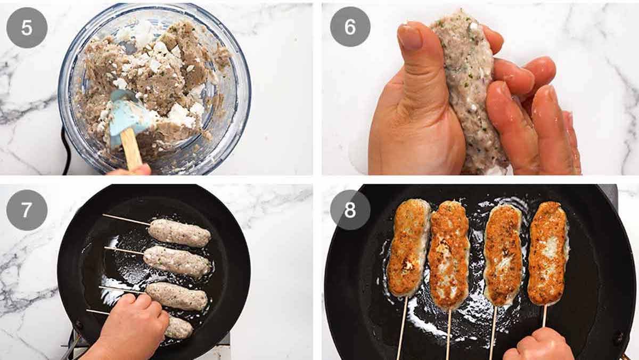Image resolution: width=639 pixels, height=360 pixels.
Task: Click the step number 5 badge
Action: point(27,27)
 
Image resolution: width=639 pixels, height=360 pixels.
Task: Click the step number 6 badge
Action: point(350,27)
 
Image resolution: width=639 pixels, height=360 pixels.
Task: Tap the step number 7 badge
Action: point(27,210)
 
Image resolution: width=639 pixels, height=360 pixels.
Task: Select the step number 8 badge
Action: point(350,210)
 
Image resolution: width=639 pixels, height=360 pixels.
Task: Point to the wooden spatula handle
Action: point(131,149)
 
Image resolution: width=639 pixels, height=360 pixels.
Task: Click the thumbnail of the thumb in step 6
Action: point(410,37)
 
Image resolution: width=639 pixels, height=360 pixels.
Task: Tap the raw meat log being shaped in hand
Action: point(469,91)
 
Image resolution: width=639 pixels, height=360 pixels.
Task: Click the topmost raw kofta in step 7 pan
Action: point(179,233)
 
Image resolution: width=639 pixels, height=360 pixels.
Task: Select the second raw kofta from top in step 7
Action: point(177,261)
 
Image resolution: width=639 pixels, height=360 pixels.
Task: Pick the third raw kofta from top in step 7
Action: point(177,296)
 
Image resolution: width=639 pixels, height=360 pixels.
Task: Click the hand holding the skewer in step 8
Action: point(538,346)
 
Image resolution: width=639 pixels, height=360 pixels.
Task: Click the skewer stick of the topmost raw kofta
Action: point(125,219)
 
